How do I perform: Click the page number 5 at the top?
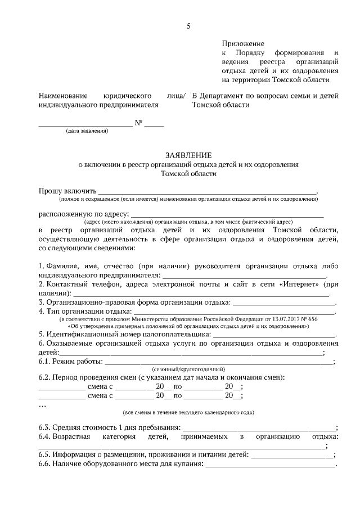pos(189,26)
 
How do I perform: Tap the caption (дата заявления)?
pos(87,131)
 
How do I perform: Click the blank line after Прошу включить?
pos(208,192)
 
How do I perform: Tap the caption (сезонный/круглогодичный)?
pos(187,367)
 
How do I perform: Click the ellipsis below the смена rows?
pos(42,404)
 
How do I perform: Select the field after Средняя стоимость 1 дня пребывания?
pos(259,429)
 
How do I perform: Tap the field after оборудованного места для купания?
pos(270,465)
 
